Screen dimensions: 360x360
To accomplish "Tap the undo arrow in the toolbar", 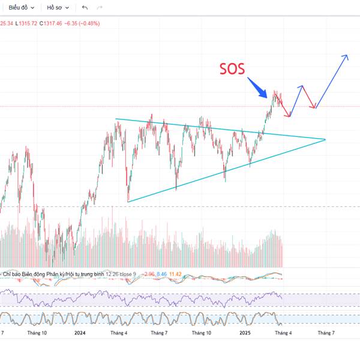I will tap(85, 8).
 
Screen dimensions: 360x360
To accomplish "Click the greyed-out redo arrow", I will tap(100, 8).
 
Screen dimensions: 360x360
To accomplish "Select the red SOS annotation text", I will tap(231, 69).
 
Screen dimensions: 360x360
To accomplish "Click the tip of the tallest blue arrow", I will tap(346, 56).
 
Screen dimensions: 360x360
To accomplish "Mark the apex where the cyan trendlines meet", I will tap(325, 140).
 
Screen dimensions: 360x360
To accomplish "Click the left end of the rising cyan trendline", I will tap(128, 202).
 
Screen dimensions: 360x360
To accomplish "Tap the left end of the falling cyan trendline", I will tap(116, 119).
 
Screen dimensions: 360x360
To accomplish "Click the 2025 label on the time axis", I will tap(244, 332).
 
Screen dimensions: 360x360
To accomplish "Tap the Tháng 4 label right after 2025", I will tap(283, 332).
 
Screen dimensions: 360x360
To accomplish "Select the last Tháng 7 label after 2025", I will tap(326, 332).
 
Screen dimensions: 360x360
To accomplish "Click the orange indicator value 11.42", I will tap(176, 274).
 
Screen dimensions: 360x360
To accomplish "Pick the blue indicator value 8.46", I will tap(160, 274).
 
